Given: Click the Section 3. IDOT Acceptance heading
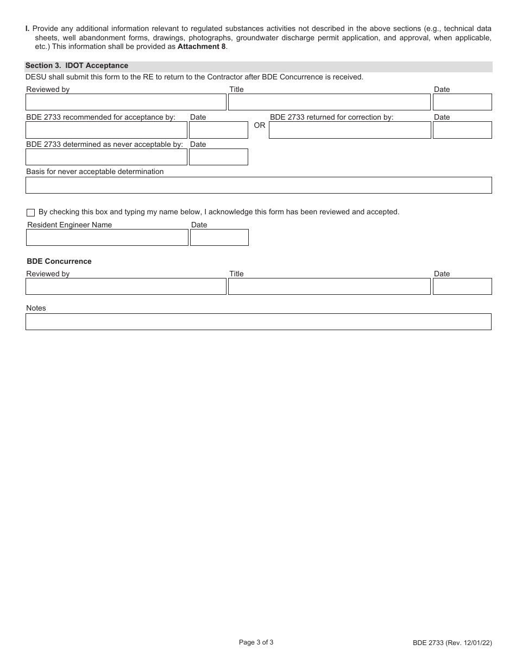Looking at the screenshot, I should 77,66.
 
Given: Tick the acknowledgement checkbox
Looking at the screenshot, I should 30,213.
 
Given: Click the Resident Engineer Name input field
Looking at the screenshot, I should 107,238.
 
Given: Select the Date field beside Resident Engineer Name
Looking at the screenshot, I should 219,238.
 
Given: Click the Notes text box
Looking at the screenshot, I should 258,321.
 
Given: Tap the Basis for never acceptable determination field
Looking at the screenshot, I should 258,185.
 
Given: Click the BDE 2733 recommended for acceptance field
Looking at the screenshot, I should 106,130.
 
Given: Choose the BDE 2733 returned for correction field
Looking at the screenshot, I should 350,130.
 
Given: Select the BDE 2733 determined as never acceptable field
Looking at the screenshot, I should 106,157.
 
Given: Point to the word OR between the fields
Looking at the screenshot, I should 260,126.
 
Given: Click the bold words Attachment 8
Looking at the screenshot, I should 202,47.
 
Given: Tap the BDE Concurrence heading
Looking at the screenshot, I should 59,262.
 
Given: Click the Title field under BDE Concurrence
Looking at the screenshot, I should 329,287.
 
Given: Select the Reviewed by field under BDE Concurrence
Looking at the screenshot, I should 126,287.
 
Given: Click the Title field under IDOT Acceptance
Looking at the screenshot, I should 329,102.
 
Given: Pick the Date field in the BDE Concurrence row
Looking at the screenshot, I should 462,287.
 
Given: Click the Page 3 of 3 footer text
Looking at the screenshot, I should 256,642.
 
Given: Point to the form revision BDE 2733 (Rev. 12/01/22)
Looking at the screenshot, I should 452,643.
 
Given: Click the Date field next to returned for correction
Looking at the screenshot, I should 462,130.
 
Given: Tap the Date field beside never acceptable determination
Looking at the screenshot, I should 218,157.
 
